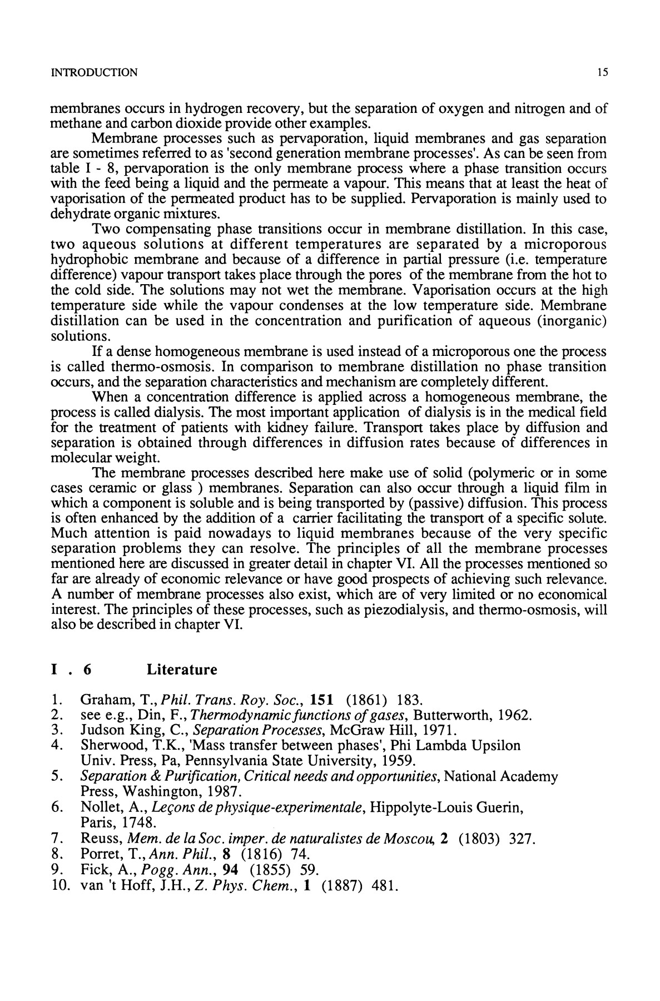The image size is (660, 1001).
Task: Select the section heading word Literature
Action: [181, 670]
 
